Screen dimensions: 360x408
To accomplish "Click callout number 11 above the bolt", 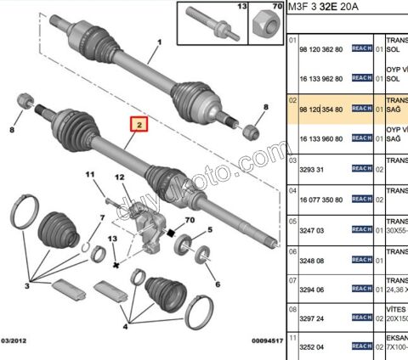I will coord(90,176).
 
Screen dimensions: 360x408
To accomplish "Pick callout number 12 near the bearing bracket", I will coord(120,178).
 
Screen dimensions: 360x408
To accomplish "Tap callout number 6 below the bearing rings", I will coord(217,284).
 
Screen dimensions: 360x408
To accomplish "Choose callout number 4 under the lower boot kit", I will coord(126,324).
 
